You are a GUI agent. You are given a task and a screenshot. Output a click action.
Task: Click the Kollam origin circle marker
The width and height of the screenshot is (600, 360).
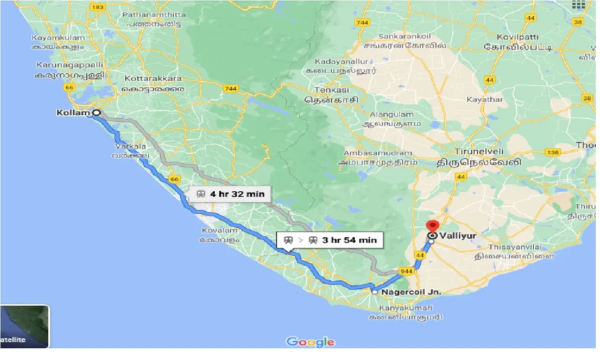(97, 112)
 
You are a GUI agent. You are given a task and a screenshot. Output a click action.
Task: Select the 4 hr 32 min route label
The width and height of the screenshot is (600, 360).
(231, 194)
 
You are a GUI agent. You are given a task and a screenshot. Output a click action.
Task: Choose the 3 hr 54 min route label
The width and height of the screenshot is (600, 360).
(330, 240)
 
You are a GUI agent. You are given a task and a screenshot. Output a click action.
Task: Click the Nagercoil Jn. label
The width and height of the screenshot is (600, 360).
(412, 292)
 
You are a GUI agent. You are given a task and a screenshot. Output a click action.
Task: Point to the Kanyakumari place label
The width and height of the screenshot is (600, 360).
(406, 308)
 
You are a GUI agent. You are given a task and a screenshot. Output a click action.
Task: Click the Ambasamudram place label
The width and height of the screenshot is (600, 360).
(378, 153)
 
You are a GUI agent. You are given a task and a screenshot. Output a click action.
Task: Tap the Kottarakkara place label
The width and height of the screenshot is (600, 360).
(153, 79)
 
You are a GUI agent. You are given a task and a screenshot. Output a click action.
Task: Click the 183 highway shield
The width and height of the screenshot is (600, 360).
(97, 7)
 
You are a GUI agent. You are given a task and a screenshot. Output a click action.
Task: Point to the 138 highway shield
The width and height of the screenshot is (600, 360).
(553, 152)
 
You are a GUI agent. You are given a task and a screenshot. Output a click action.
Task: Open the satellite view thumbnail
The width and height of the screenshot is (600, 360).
(24, 327)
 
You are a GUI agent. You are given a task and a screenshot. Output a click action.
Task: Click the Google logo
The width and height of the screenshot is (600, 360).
(311, 342)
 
